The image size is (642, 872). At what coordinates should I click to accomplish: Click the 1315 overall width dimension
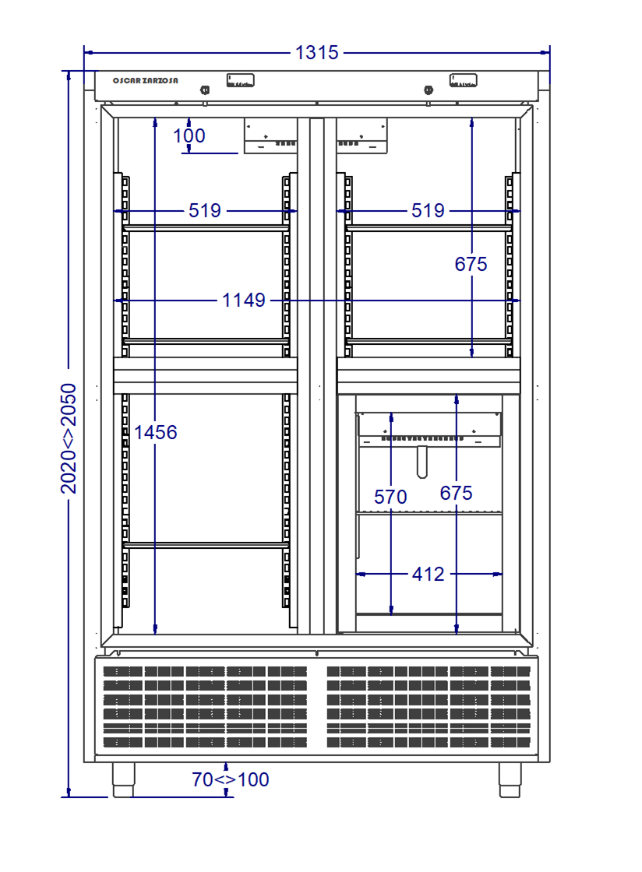pyautogui.click(x=317, y=53)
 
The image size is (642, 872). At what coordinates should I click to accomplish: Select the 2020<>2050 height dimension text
pyautogui.click(x=69, y=438)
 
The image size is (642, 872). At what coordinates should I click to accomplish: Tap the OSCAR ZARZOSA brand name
pyautogui.click(x=145, y=81)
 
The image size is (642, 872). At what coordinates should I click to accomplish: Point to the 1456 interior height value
pyautogui.click(x=155, y=431)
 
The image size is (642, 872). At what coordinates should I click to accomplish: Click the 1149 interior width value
pyautogui.click(x=244, y=300)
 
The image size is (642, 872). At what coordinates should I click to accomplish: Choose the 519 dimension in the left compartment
pyautogui.click(x=206, y=210)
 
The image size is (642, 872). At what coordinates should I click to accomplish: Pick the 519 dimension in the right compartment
pyautogui.click(x=428, y=210)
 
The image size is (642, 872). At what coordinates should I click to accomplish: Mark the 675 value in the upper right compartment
pyautogui.click(x=471, y=265)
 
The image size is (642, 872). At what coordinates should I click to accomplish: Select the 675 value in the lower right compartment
pyautogui.click(x=456, y=493)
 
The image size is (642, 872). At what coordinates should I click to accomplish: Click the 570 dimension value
pyautogui.click(x=390, y=497)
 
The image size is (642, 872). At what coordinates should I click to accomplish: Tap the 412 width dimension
pyautogui.click(x=428, y=575)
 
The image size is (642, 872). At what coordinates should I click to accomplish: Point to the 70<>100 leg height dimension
pyautogui.click(x=231, y=779)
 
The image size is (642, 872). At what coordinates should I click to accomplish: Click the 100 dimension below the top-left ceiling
pyautogui.click(x=189, y=136)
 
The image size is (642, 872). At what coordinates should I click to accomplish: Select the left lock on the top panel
pyautogui.click(x=205, y=90)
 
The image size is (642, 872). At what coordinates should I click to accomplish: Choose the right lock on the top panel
pyautogui.click(x=429, y=90)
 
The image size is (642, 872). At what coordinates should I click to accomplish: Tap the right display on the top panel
pyautogui.click(x=463, y=80)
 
